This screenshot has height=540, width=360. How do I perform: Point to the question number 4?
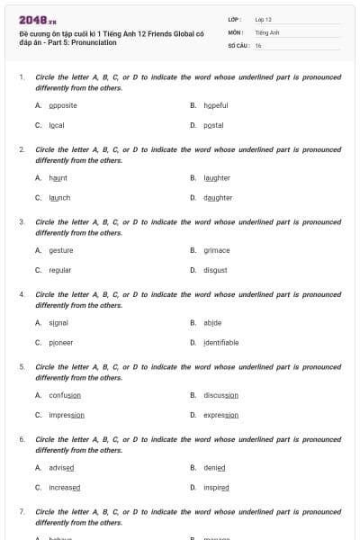coord(22,294)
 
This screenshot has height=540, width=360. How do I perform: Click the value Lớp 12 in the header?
coord(264,19)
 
